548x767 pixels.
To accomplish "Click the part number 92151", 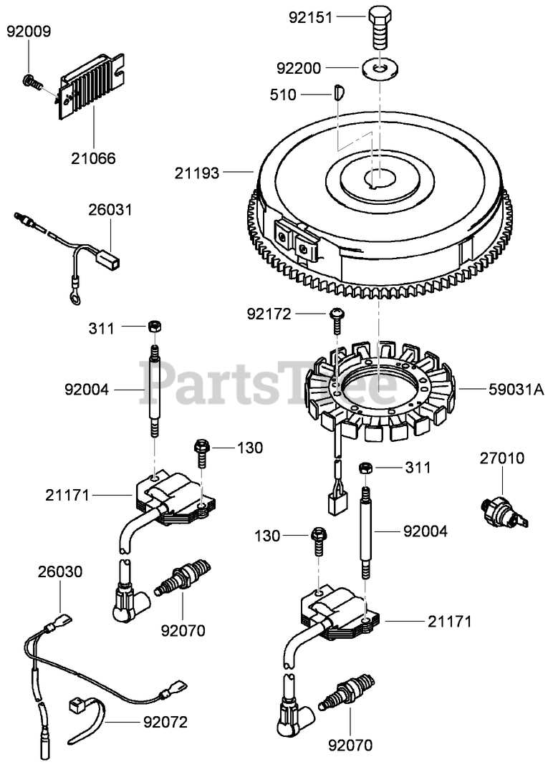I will tap(311, 17).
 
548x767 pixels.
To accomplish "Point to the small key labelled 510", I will tap(340, 92).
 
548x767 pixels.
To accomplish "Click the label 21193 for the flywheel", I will tap(197, 172).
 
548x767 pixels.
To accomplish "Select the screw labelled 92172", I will tap(335, 319).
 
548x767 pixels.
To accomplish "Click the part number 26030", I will tap(60, 571).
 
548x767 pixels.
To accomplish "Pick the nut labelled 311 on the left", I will tap(153, 327).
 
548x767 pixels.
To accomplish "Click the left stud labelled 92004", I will tap(154, 390).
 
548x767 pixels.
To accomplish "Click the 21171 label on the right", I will tap(450, 622).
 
